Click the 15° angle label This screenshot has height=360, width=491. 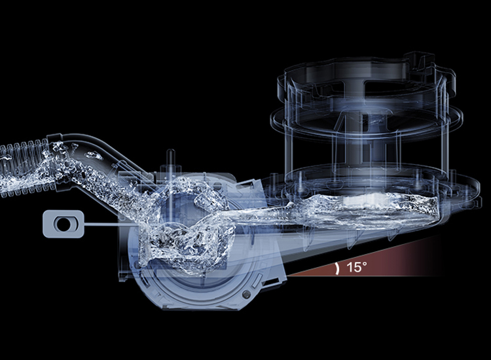(x=356, y=267)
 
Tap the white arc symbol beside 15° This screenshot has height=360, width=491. (x=337, y=268)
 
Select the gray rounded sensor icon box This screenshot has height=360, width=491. (x=64, y=224)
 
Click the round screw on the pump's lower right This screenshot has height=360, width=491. (x=246, y=295)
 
